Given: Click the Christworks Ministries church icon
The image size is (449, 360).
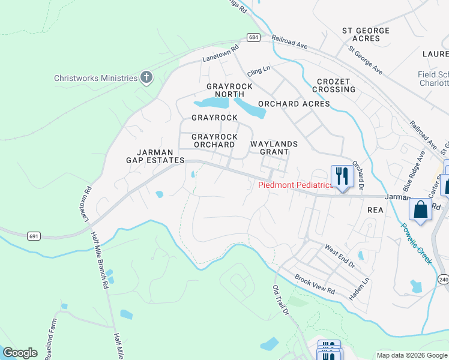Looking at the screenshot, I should click(146, 77).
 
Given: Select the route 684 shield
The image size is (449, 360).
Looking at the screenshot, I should click(254, 37).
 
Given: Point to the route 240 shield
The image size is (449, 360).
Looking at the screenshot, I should click(444, 280).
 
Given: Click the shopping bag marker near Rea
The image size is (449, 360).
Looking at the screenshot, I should click(420, 210).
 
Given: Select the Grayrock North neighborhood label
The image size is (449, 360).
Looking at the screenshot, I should click(229, 91).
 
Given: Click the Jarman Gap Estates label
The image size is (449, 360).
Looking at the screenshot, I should click(155, 156).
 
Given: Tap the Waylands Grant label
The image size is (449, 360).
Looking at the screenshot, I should click(274, 148).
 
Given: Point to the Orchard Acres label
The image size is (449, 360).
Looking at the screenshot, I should click(294, 104).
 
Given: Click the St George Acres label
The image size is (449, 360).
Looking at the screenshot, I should click(366, 34).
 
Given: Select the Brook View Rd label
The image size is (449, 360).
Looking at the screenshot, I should click(315, 284).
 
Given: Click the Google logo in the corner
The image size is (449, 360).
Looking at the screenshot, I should click(20, 353).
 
